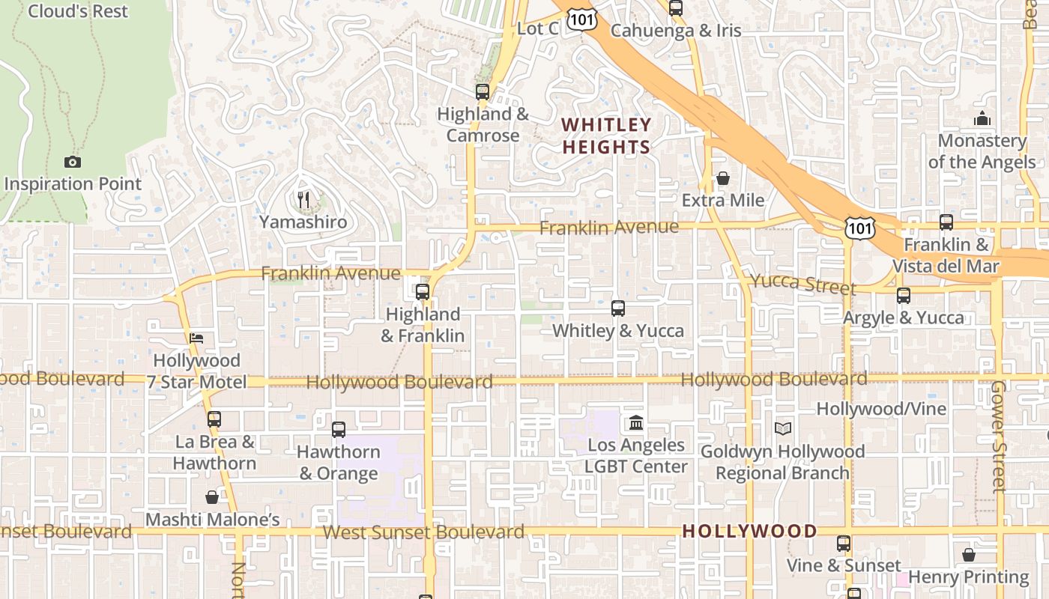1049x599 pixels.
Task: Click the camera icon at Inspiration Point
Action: (73, 162)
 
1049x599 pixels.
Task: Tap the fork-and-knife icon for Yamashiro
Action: (303, 200)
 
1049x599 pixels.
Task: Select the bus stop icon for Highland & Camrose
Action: (483, 92)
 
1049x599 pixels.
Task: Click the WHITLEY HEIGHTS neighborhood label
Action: (606, 136)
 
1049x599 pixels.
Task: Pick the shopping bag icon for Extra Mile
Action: (723, 178)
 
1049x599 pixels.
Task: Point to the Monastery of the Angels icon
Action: (982, 118)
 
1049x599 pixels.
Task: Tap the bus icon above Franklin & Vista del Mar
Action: (946, 222)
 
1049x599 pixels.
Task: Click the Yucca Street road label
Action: (802, 283)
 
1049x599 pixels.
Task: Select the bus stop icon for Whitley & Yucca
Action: (618, 308)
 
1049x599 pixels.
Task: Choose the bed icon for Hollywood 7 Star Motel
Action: (196, 338)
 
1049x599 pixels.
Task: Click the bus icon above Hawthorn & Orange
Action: (339, 430)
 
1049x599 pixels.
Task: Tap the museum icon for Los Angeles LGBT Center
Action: (636, 423)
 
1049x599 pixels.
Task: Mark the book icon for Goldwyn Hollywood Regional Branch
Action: (783, 429)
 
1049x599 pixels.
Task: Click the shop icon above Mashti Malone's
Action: (213, 497)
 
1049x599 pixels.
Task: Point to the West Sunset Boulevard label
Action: (423, 532)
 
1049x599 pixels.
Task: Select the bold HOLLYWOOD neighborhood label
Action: (749, 532)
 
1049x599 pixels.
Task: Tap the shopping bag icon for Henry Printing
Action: (969, 555)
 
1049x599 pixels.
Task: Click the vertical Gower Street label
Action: (999, 436)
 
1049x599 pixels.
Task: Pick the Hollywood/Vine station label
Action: (881, 409)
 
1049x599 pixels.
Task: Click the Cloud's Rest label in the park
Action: (78, 11)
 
